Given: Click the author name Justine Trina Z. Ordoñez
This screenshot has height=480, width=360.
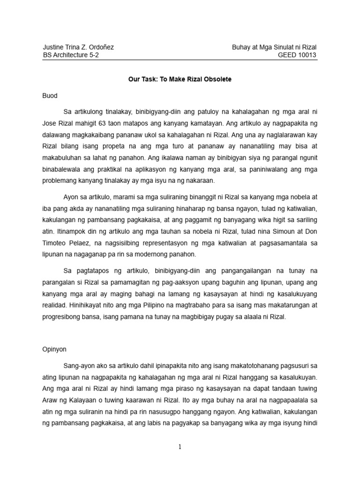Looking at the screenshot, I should pyautogui.click(x=78, y=47).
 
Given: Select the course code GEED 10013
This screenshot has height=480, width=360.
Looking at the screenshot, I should pyautogui.click(x=298, y=55).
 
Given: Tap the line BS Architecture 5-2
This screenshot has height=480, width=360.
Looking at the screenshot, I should pyautogui.click(x=71, y=55).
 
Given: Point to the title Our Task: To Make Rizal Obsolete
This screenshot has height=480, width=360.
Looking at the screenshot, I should pyautogui.click(x=180, y=79).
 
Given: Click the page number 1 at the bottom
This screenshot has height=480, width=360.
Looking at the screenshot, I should pyautogui.click(x=180, y=447).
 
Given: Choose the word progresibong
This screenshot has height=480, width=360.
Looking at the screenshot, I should pyautogui.click(x=66, y=317).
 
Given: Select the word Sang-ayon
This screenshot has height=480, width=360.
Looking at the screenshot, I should pyautogui.click(x=79, y=365).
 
